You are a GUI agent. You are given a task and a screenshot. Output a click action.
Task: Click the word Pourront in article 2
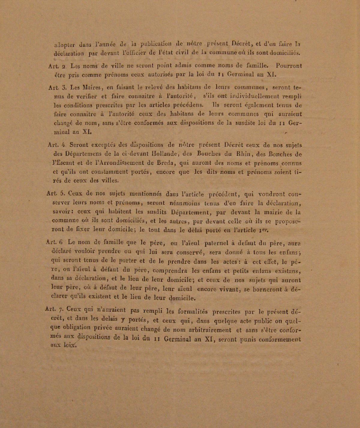(289, 65)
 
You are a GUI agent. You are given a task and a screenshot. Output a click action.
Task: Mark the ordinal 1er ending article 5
(263, 230)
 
